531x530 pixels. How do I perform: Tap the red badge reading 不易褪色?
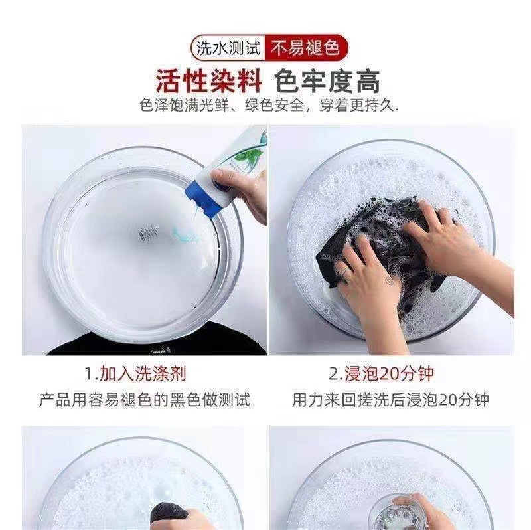305,47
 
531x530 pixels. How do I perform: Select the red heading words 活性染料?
209,81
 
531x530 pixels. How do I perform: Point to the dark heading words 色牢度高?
327,81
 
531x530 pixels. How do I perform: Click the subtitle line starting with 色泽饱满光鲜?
269,106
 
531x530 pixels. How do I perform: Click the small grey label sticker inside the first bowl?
148,233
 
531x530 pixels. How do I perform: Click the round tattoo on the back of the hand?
388,280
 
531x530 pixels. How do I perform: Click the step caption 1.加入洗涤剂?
135,373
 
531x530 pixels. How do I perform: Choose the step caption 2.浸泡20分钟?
381,373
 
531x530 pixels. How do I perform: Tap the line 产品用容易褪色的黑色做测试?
145,400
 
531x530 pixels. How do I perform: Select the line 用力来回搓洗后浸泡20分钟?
390,400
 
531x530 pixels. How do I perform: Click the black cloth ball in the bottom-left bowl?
169,512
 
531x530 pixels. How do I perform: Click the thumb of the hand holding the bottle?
224,177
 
